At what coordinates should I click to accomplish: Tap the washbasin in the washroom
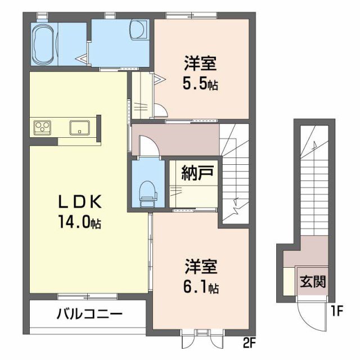(137, 28)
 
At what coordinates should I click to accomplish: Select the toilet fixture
(147, 191)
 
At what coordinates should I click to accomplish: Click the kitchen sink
(80, 127)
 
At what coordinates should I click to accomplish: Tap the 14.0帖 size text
(79, 222)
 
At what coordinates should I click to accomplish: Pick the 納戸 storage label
(196, 173)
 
